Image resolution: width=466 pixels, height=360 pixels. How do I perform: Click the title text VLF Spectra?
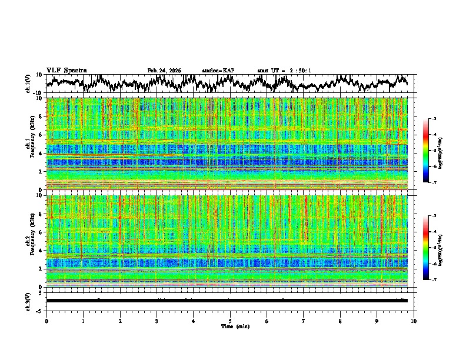click(x=66, y=70)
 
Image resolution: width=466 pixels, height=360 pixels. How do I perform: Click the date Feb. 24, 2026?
click(x=164, y=71)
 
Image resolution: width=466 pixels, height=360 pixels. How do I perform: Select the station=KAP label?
click(x=218, y=71)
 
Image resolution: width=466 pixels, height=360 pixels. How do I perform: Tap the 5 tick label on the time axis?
click(x=230, y=321)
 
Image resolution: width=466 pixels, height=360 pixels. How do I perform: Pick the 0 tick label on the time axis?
click(x=46, y=321)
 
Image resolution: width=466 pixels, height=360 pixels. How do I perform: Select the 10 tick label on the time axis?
click(x=414, y=321)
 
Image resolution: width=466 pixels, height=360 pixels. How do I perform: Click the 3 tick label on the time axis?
click(x=157, y=321)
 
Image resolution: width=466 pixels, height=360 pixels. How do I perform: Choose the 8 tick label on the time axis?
click(x=340, y=321)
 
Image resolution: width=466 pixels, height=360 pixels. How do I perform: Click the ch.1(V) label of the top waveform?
click(x=28, y=84)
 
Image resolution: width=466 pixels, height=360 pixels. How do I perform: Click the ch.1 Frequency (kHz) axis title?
click(x=29, y=143)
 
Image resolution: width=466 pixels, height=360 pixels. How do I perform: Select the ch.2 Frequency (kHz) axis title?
click(x=29, y=241)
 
